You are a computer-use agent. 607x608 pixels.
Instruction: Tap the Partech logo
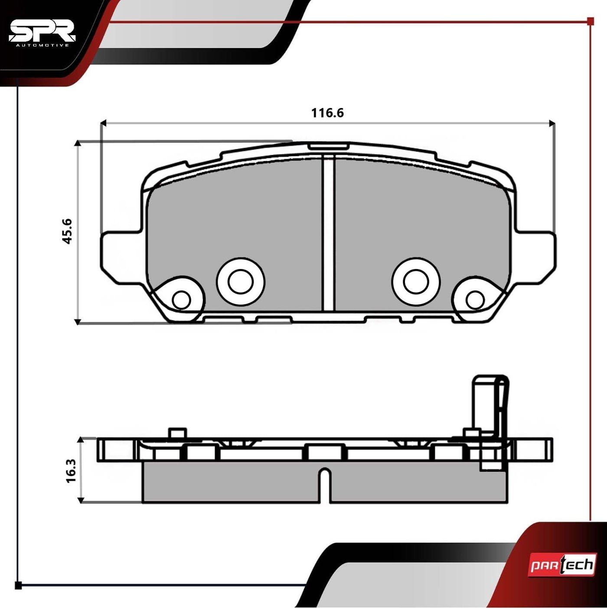coord(561,565)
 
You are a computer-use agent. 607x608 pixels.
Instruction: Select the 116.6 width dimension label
coord(327,113)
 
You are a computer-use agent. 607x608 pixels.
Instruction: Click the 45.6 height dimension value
coord(68,231)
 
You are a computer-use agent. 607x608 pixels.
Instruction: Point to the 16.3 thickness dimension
coord(71,471)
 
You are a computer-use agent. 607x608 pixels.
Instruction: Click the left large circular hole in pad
coord(241,282)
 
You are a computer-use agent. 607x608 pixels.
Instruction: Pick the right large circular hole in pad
coord(415,282)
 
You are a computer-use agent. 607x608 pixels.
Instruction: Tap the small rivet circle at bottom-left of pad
coord(181,299)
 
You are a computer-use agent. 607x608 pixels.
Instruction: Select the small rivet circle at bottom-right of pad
coord(475,299)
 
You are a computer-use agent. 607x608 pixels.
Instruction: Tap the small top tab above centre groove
coord(328,146)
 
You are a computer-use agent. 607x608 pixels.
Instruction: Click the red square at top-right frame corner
coord(590,21)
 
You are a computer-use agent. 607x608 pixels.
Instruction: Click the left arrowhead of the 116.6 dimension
coord(103,124)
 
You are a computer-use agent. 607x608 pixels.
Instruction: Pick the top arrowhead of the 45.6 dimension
coord(78,144)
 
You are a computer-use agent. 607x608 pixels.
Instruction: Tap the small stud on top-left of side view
coord(177,433)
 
